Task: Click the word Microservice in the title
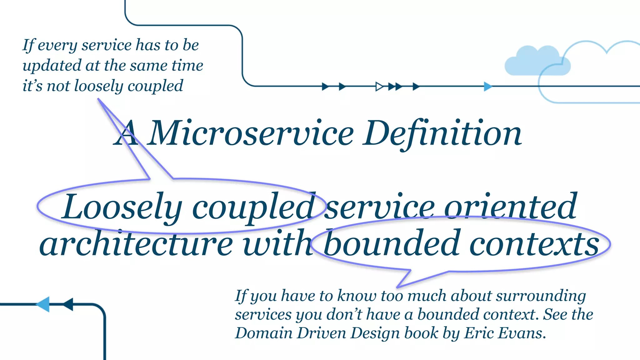click(252, 134)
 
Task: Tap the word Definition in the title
click(442, 134)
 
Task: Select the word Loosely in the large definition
click(122, 207)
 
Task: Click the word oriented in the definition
click(510, 207)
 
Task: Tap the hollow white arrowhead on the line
click(379, 86)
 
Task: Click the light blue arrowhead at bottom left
click(43, 304)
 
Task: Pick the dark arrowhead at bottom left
click(68, 304)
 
